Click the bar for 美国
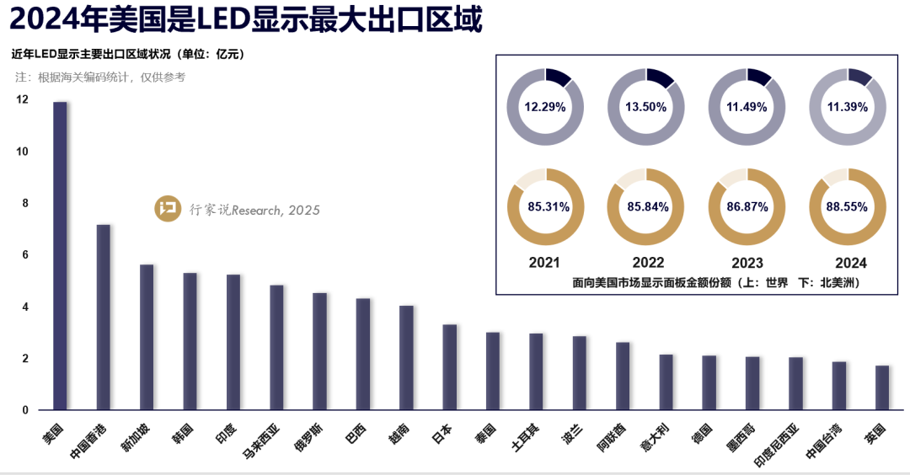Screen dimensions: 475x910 click(x=60, y=256)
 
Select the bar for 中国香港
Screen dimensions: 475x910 click(x=104, y=317)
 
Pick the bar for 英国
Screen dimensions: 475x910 click(x=882, y=387)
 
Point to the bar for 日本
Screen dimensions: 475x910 click(x=450, y=367)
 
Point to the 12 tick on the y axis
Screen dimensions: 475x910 click(x=22, y=99)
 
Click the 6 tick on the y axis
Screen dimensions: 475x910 click(x=25, y=255)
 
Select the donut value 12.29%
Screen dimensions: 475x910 click(x=545, y=108)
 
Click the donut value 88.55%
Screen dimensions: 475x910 click(x=848, y=206)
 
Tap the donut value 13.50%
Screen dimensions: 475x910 click(x=646, y=108)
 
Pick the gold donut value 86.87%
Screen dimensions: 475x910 click(x=747, y=206)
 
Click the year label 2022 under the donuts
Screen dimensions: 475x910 click(x=646, y=263)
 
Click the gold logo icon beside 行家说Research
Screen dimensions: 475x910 click(x=168, y=210)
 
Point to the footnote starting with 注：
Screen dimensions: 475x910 click(x=100, y=77)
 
